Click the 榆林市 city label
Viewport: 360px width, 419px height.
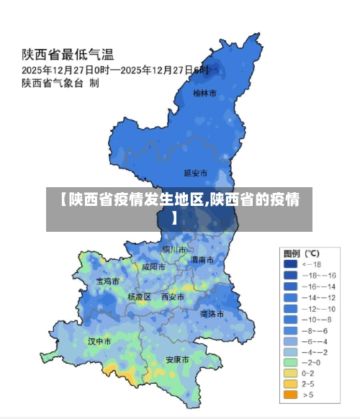pos(204,93)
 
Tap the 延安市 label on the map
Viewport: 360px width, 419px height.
pos(196,174)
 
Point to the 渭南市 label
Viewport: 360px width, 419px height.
pos(201,259)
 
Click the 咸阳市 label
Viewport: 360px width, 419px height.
pos(153,266)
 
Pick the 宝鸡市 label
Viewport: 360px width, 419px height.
pos(108,281)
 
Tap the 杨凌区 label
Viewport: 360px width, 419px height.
pos(139,297)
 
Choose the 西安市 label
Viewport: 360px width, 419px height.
pos(173,297)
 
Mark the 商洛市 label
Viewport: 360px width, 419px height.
pos(212,314)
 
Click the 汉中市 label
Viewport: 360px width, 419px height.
pos(99,341)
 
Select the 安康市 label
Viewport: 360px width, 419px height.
pos(177,359)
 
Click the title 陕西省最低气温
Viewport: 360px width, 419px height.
pos(68,54)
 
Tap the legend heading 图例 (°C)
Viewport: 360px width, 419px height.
pos(301,253)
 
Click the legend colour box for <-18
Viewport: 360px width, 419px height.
pos(290,264)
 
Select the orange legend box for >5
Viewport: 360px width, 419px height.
pos(290,395)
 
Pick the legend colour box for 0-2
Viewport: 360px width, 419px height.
pos(290,373)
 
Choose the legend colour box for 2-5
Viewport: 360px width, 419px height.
pos(290,384)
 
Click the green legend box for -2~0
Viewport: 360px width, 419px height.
pos(290,362)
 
